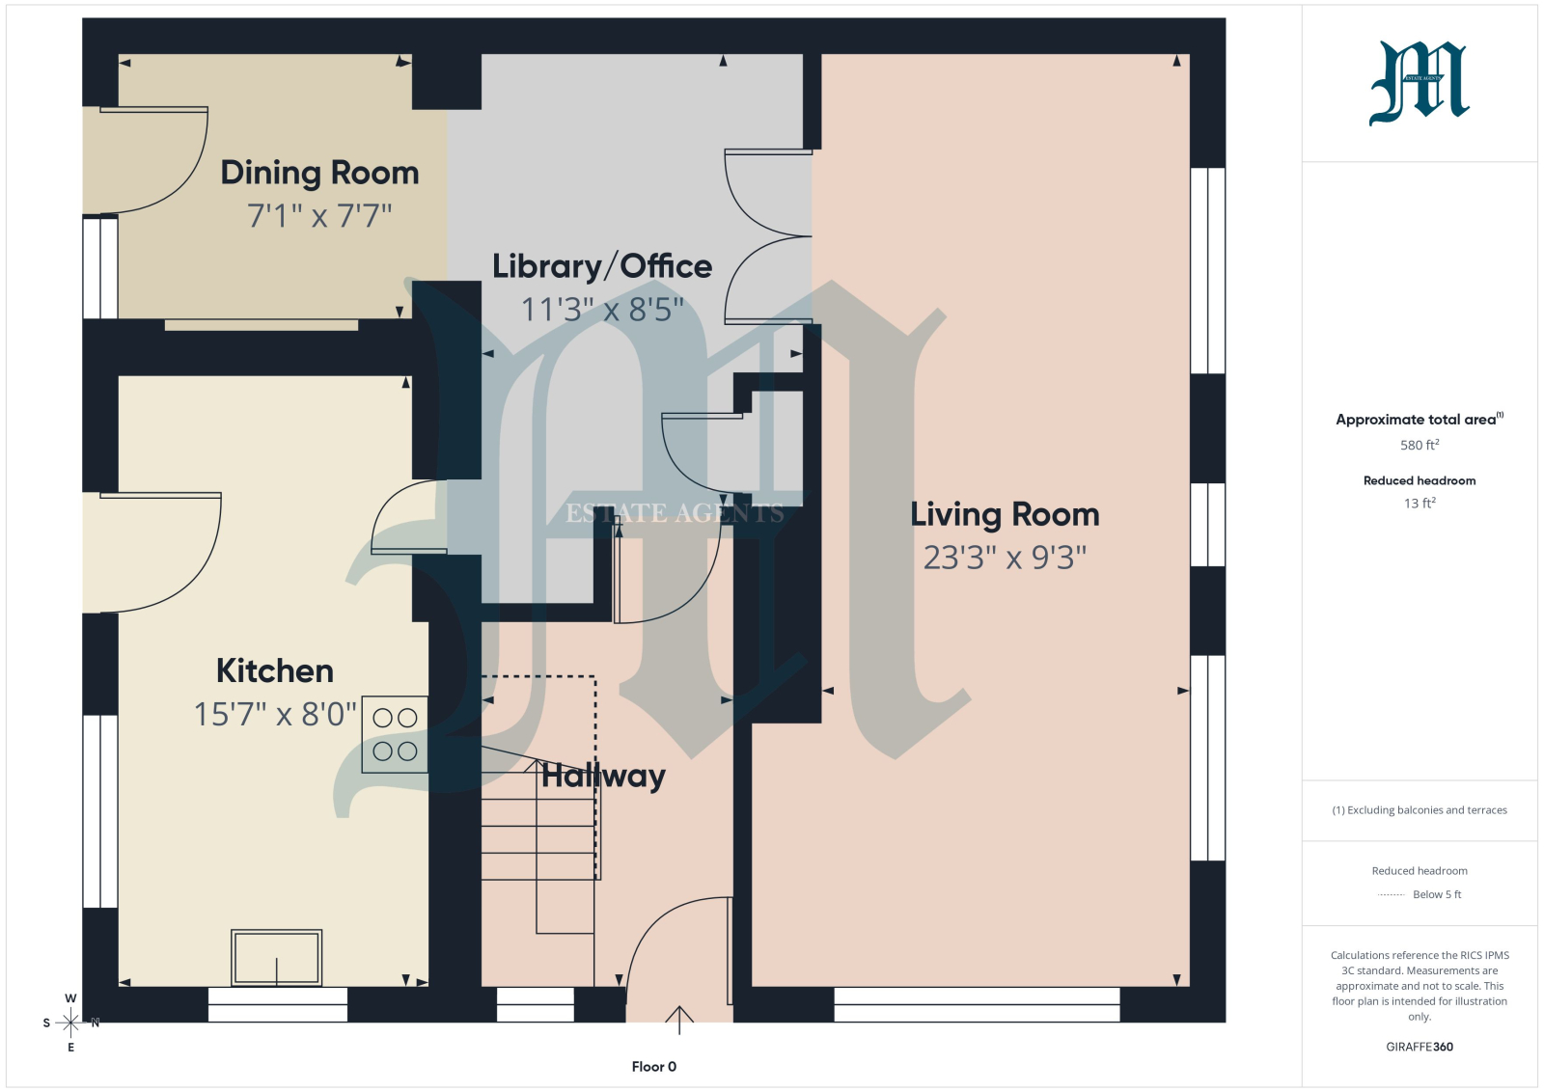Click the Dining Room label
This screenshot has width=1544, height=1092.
[x=319, y=173]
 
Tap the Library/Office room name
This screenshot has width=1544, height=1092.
[x=602, y=266]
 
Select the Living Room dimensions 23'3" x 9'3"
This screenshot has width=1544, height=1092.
[x=1005, y=558]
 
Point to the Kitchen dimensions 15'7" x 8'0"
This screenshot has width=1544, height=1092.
[x=275, y=714]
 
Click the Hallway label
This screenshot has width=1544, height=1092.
[x=603, y=777]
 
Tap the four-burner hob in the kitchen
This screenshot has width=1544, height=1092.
[x=395, y=734]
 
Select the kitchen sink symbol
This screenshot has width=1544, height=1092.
[x=276, y=958]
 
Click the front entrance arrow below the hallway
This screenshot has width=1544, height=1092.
[x=679, y=1021]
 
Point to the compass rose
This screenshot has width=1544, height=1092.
[x=70, y=1023]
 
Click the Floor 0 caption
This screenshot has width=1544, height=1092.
[x=654, y=1067]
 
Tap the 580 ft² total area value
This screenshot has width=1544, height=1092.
[x=1420, y=445]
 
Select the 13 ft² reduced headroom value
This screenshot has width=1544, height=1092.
[x=1420, y=503]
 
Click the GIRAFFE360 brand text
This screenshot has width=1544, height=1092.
[x=1420, y=1047]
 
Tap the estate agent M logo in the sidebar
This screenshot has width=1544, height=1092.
[x=1419, y=83]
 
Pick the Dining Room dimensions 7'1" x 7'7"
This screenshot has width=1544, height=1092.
[x=319, y=216]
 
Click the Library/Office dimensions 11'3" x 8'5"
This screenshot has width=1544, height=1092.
[x=602, y=310]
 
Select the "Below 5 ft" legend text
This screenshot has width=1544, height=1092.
[x=1437, y=894]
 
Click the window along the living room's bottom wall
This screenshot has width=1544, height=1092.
[x=977, y=1004]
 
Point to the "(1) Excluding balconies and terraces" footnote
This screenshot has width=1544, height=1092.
[x=1420, y=810]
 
